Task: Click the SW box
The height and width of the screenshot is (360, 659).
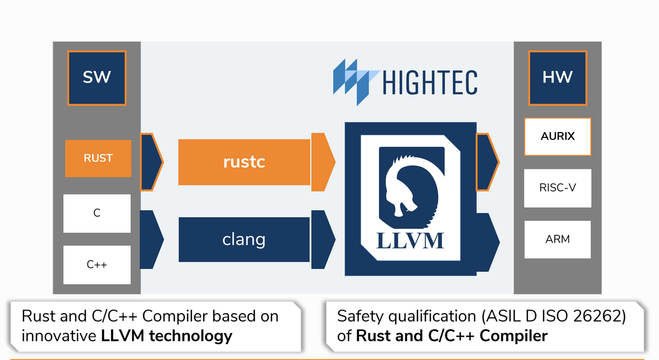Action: pyautogui.click(x=97, y=77)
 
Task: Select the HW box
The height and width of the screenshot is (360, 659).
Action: pyautogui.click(x=557, y=77)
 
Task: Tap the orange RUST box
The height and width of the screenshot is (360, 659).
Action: pyautogui.click(x=98, y=158)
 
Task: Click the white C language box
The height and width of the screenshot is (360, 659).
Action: pyautogui.click(x=97, y=213)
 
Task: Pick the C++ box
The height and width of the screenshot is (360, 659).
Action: pyautogui.click(x=97, y=264)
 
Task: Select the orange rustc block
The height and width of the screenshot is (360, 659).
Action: pyautogui.click(x=244, y=162)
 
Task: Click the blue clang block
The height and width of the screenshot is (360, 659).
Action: pyautogui.click(x=244, y=239)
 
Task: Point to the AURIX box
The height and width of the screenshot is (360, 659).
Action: pyautogui.click(x=557, y=136)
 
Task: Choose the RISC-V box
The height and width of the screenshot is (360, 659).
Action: pyautogui.click(x=557, y=188)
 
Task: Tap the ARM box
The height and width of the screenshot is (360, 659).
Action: pyautogui.click(x=557, y=239)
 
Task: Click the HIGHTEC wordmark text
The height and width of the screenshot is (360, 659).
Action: pyautogui.click(x=430, y=83)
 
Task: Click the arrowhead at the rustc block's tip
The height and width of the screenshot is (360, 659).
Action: pyautogui.click(x=323, y=162)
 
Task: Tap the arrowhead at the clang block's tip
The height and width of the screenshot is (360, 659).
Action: pyautogui.click(x=323, y=239)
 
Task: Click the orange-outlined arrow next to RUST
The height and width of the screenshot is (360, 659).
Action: pyautogui.click(x=151, y=162)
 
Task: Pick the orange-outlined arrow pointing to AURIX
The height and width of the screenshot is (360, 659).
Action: pyautogui.click(x=487, y=162)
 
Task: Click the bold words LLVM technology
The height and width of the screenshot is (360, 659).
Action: pyautogui.click(x=167, y=335)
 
